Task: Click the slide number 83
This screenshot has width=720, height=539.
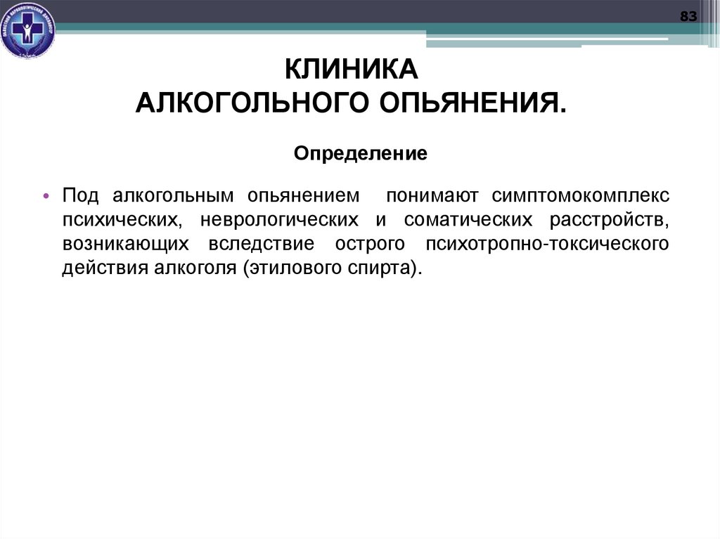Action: (688, 17)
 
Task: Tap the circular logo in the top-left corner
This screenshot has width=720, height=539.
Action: (28, 30)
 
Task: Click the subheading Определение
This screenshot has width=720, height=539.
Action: (361, 152)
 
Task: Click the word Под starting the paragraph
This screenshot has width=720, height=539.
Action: (79, 195)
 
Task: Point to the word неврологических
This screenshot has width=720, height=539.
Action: (279, 220)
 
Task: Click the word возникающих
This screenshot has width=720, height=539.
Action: (125, 245)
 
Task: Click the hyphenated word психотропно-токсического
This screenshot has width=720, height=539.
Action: (546, 245)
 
